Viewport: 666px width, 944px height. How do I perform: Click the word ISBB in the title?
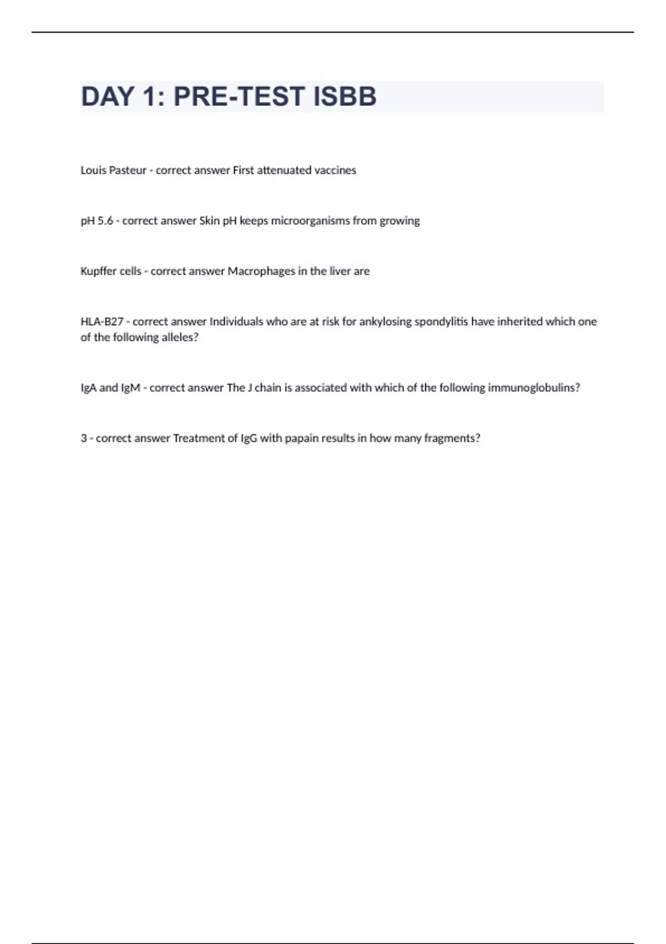click(345, 97)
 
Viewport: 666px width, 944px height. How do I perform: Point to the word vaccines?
click(335, 170)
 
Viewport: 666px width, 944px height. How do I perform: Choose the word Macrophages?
click(261, 272)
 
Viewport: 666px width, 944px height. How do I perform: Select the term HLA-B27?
click(102, 322)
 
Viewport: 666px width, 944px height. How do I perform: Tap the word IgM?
click(130, 388)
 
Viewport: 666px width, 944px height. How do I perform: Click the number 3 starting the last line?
click(84, 439)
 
